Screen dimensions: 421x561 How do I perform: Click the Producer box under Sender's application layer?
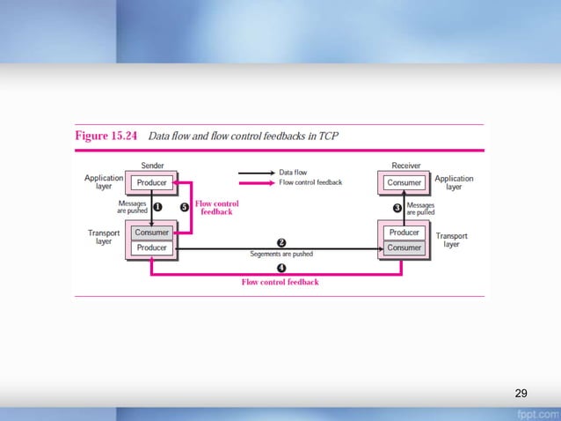click(152, 183)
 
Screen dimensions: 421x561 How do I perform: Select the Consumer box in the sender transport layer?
click(152, 233)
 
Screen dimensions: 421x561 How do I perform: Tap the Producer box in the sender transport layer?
click(152, 248)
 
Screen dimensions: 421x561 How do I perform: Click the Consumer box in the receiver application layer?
click(404, 183)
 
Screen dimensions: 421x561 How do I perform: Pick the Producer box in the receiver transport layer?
click(404, 233)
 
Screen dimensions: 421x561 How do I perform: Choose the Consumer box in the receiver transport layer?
click(404, 248)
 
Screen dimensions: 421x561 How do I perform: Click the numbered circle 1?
click(158, 207)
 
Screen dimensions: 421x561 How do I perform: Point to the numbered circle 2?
click(281, 242)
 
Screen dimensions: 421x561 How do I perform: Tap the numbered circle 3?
click(397, 208)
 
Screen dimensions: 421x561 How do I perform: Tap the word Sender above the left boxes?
click(152, 166)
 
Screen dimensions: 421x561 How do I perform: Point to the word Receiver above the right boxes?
click(404, 166)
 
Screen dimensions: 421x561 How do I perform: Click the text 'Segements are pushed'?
click(280, 255)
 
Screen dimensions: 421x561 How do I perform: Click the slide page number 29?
click(521, 392)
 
